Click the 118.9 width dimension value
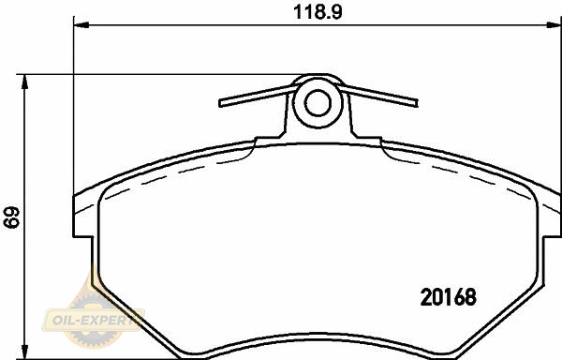coord(318,12)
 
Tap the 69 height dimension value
coord(11,217)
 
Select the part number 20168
coord(449,297)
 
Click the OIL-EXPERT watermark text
coord(94,320)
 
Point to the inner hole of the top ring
coord(318,102)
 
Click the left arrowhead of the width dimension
coord(81,25)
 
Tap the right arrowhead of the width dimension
coord(554,25)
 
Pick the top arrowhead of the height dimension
coord(24,82)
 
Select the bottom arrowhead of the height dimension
coord(24,351)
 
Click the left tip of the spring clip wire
coord(220,104)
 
